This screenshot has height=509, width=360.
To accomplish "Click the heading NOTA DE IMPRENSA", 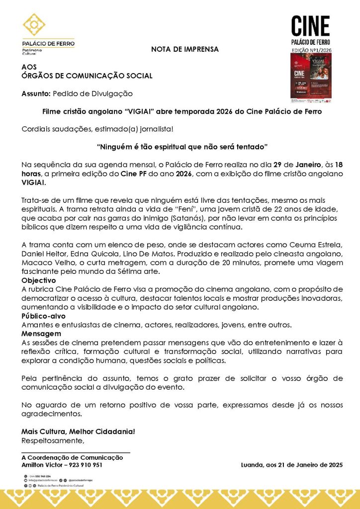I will pos(184,49).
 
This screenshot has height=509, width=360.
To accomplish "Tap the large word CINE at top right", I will pos(310,26).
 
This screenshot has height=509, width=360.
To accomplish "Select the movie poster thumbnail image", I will pos(310,76).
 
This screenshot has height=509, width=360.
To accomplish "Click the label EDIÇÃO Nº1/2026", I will pos(310,51).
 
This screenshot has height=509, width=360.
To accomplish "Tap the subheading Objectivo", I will pos(38,281).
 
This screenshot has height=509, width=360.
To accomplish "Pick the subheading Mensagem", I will pos(41,334).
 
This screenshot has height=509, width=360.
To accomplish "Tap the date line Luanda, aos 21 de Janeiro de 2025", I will pos(291,465).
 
